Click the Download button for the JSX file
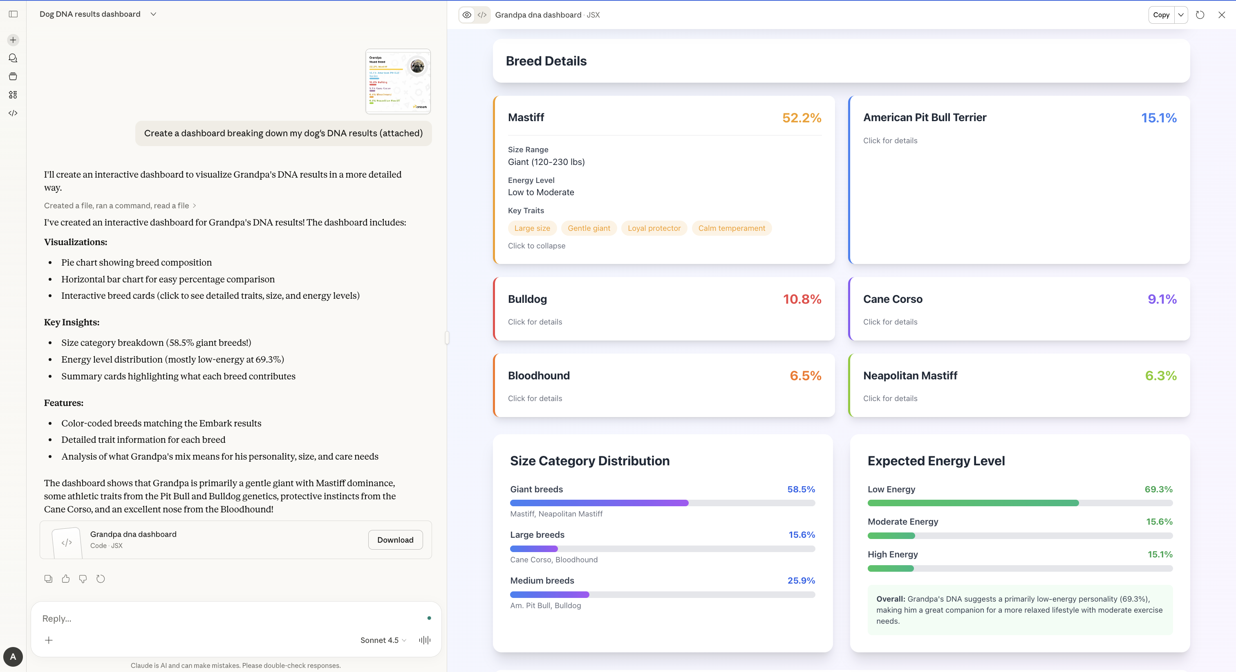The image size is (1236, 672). click(395, 539)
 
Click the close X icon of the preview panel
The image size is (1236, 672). click(1221, 15)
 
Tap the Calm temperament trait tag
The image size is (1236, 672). click(731, 228)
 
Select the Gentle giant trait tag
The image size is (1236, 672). click(589, 228)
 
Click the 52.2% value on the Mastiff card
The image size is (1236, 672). click(801, 118)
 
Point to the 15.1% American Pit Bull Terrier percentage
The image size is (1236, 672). click(1158, 118)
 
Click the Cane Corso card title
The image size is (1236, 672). click(892, 299)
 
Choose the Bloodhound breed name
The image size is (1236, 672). click(538, 376)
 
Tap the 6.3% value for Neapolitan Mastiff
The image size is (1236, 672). click(1160, 376)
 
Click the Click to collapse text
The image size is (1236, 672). click(536, 246)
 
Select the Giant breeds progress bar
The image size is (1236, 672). click(662, 503)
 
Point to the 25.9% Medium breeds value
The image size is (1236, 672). click(801, 580)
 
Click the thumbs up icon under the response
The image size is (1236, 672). click(66, 579)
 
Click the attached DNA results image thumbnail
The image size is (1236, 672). click(398, 81)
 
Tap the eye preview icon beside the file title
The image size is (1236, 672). click(466, 15)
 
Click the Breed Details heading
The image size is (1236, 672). click(546, 61)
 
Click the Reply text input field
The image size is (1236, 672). click(230, 618)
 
